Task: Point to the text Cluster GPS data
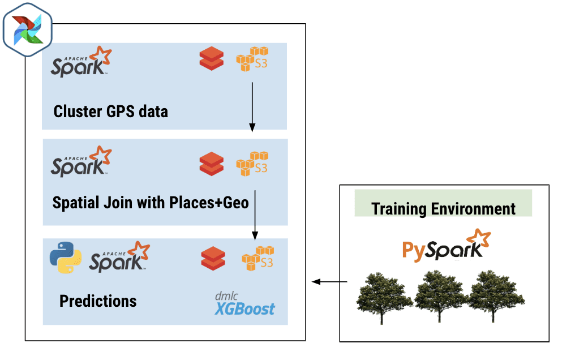coord(110,111)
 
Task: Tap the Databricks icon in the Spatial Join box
coord(212,164)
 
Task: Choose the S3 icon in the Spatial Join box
coord(251,164)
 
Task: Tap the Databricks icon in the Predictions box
coord(213,259)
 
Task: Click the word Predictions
coord(98,301)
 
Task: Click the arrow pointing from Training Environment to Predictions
coord(330,281)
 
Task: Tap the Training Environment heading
coord(443,208)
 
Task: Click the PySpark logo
coord(446,245)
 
